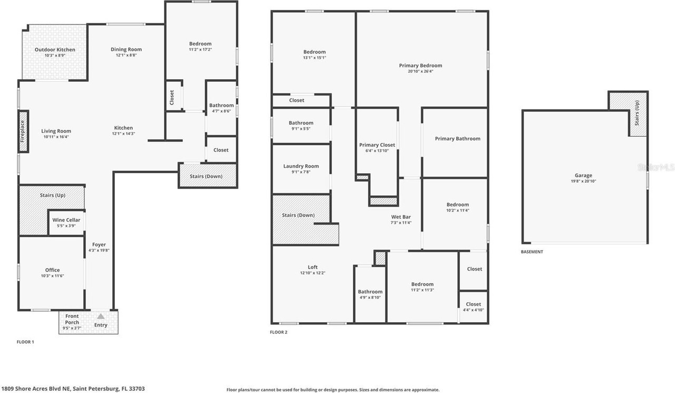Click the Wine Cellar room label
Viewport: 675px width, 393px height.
coord(66,220)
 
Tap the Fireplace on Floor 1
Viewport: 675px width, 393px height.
coord(23,132)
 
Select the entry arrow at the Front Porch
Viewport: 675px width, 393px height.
coord(101,316)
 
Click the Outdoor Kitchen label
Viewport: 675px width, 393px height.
coord(55,50)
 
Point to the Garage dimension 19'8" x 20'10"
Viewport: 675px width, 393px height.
coord(583,181)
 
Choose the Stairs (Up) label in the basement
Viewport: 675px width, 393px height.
coord(637,113)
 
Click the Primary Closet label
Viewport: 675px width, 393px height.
coord(377,145)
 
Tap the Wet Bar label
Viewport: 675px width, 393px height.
coord(401,217)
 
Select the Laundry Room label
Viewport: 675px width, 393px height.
coord(301,166)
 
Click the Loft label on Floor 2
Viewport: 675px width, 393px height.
coord(313,267)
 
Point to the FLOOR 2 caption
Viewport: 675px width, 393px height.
coord(278,332)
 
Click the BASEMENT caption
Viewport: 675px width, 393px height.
coord(532,252)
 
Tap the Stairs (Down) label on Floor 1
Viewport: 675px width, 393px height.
coord(206,176)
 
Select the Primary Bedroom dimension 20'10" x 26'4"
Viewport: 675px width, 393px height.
coord(421,71)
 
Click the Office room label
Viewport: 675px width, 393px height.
coord(52,270)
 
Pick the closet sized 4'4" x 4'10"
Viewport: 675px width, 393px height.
coord(474,307)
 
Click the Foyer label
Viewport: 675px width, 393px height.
coord(99,245)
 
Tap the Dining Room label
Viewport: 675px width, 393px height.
coord(126,50)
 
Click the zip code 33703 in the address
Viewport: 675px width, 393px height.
coord(137,388)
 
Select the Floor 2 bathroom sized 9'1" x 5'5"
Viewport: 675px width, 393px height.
coord(301,125)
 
